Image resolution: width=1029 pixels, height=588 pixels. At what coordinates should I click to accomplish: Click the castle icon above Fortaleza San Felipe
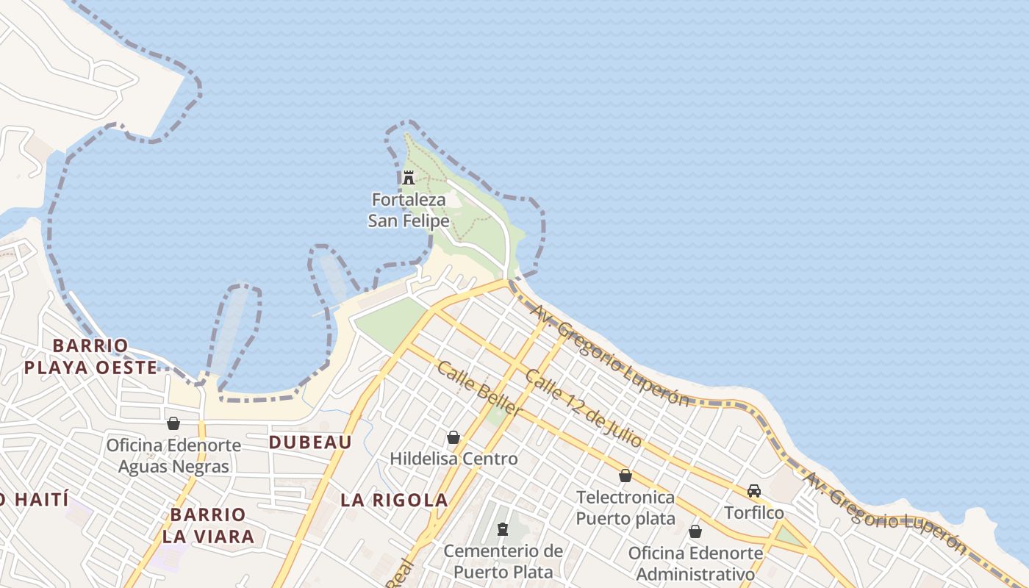(x=409, y=177)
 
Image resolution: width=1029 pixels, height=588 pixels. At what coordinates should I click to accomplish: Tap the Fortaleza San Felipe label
(x=409, y=210)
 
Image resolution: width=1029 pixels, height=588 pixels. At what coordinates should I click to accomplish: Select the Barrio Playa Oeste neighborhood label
(x=90, y=356)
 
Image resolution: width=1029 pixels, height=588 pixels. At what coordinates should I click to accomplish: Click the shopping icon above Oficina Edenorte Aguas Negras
(x=173, y=423)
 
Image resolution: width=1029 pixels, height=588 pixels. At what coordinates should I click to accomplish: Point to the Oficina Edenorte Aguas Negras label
(x=173, y=456)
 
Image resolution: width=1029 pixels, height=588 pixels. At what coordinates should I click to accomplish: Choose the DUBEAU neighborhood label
(x=309, y=442)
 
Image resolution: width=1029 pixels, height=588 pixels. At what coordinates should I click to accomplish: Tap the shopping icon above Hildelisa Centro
(x=453, y=437)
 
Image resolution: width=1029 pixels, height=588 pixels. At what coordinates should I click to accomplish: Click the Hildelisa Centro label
(x=453, y=459)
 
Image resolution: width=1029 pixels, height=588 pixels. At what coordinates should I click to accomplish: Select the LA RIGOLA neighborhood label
(x=394, y=501)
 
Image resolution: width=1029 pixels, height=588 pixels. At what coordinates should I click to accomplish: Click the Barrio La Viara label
(x=208, y=526)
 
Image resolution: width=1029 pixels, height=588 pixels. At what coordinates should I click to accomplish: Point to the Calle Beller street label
(x=479, y=389)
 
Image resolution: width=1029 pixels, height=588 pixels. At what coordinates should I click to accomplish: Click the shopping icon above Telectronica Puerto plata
(x=625, y=476)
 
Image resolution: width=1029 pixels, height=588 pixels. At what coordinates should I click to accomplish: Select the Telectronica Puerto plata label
(x=625, y=508)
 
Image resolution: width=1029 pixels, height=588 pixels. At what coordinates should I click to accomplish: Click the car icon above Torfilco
(x=754, y=490)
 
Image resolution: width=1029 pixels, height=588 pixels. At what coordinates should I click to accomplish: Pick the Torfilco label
(x=754, y=512)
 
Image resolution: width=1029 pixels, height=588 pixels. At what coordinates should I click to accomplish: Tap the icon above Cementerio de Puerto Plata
(x=503, y=528)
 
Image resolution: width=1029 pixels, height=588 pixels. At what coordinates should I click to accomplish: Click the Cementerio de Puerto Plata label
(x=503, y=561)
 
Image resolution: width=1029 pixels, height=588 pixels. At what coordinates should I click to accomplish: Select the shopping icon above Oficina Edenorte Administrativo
(x=695, y=531)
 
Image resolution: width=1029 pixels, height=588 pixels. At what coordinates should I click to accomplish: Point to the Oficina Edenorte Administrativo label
(x=695, y=563)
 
